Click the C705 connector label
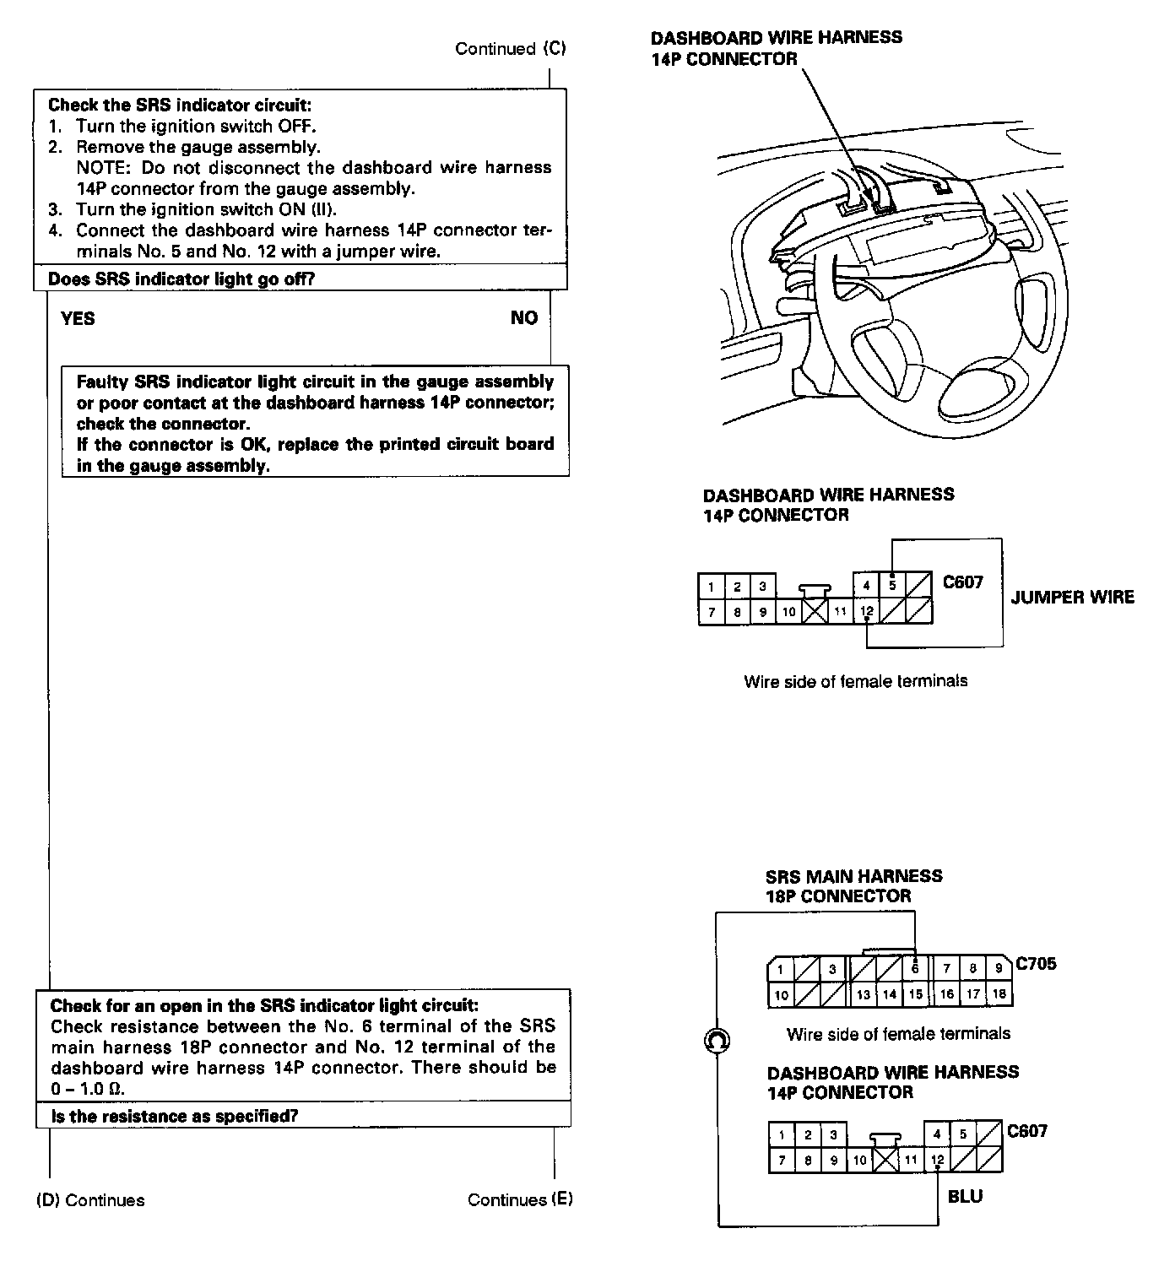(1036, 963)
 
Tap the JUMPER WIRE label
(1073, 598)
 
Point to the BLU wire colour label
(965, 1196)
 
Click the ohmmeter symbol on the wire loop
(717, 1042)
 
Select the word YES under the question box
(78, 318)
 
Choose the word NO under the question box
(523, 317)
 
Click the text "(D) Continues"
(90, 1200)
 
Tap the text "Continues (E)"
(520, 1200)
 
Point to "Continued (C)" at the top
(510, 49)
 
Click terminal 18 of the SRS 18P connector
(999, 994)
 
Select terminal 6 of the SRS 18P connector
(915, 969)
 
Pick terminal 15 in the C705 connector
(915, 994)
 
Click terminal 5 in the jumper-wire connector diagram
(892, 585)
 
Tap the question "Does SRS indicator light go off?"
(181, 279)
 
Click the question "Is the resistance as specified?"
(175, 1116)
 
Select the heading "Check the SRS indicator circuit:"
(180, 106)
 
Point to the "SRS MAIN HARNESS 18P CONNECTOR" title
(853, 886)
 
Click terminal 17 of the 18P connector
(972, 994)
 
